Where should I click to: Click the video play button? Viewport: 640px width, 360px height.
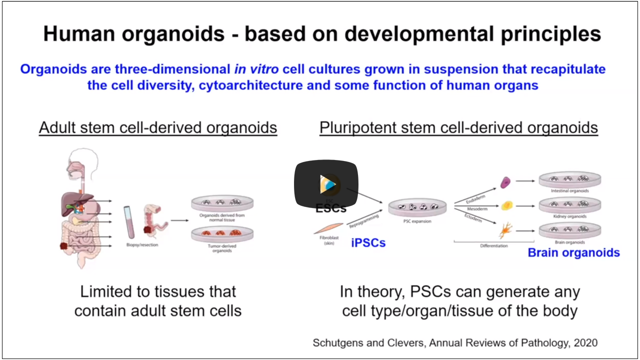(326, 184)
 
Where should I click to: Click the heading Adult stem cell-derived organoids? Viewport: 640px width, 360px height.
(158, 127)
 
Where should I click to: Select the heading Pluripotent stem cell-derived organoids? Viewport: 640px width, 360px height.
(458, 127)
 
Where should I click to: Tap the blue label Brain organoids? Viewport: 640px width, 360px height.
(573, 252)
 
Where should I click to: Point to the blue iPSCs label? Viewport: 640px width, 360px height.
(368, 243)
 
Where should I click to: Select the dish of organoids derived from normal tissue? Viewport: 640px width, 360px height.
(220, 203)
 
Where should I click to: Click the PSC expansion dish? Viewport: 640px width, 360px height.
(417, 207)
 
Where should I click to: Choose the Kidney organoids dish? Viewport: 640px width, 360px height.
(569, 205)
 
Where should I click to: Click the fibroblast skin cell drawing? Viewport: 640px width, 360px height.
(328, 228)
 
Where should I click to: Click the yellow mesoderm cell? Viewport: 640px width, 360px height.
(506, 205)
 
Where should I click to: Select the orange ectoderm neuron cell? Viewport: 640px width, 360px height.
(505, 231)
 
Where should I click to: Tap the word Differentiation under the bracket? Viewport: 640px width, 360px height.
(493, 246)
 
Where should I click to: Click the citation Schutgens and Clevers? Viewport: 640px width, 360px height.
(454, 343)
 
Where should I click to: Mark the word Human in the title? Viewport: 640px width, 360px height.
(77, 34)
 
